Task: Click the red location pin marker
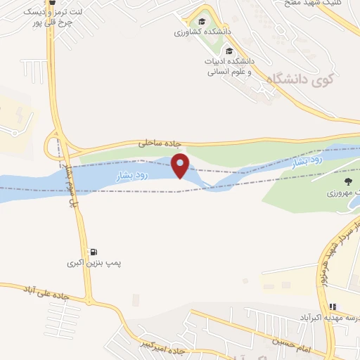click(181, 165)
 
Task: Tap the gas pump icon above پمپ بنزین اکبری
click(94, 251)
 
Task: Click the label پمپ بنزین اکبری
click(94, 264)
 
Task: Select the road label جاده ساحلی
click(154, 143)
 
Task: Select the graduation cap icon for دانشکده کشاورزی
click(202, 22)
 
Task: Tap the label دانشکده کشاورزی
click(200, 32)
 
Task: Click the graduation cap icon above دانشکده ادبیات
click(229, 51)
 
